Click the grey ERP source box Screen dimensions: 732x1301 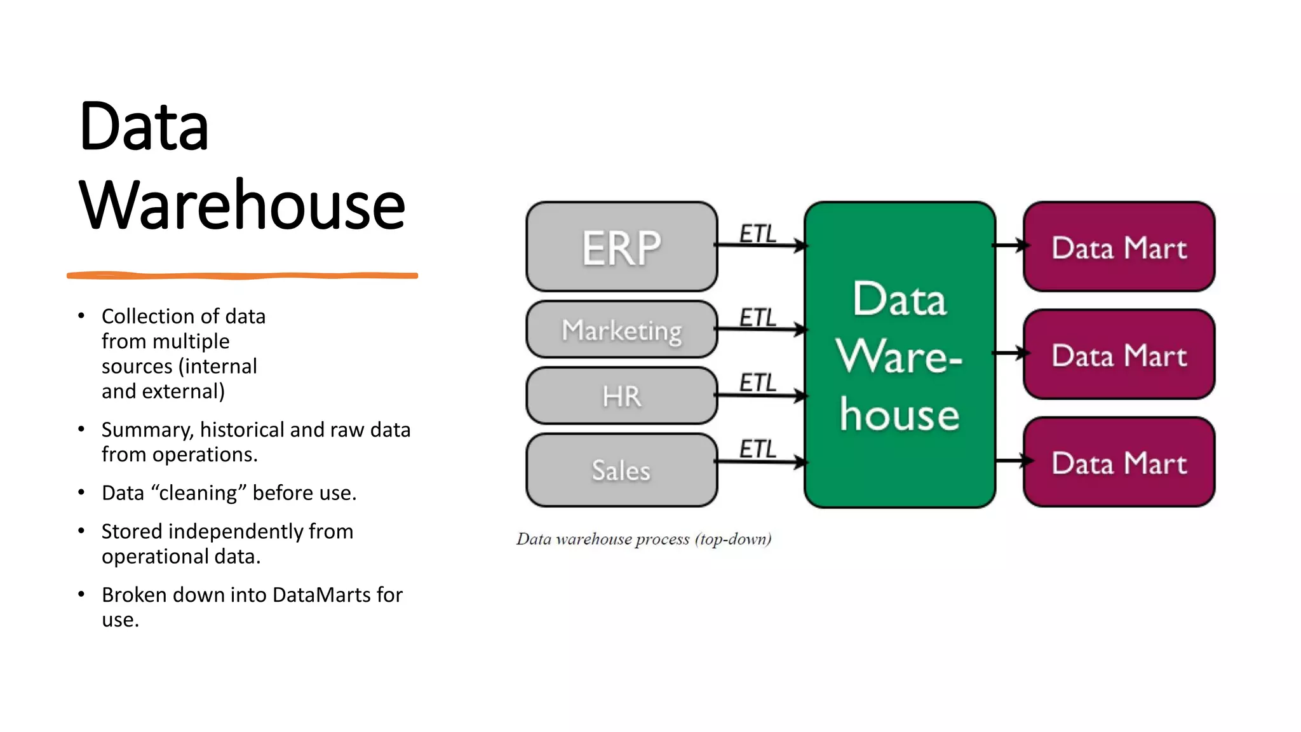[621, 247]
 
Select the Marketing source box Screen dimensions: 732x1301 [621, 330]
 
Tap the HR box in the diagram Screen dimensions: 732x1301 [621, 396]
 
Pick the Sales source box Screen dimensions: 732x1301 [621, 470]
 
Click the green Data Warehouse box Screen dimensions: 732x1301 [899, 355]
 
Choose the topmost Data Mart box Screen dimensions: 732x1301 [1119, 247]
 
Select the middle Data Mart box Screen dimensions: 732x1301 [1119, 355]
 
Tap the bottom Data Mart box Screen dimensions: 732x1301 [1119, 462]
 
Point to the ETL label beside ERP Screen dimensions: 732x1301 [758, 233]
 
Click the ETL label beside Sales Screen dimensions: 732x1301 [758, 449]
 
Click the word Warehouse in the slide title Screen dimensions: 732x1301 [242, 205]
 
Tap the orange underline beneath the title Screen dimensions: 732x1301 [242, 276]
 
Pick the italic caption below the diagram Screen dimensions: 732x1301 [643, 539]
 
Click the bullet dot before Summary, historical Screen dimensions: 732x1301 [81, 430]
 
